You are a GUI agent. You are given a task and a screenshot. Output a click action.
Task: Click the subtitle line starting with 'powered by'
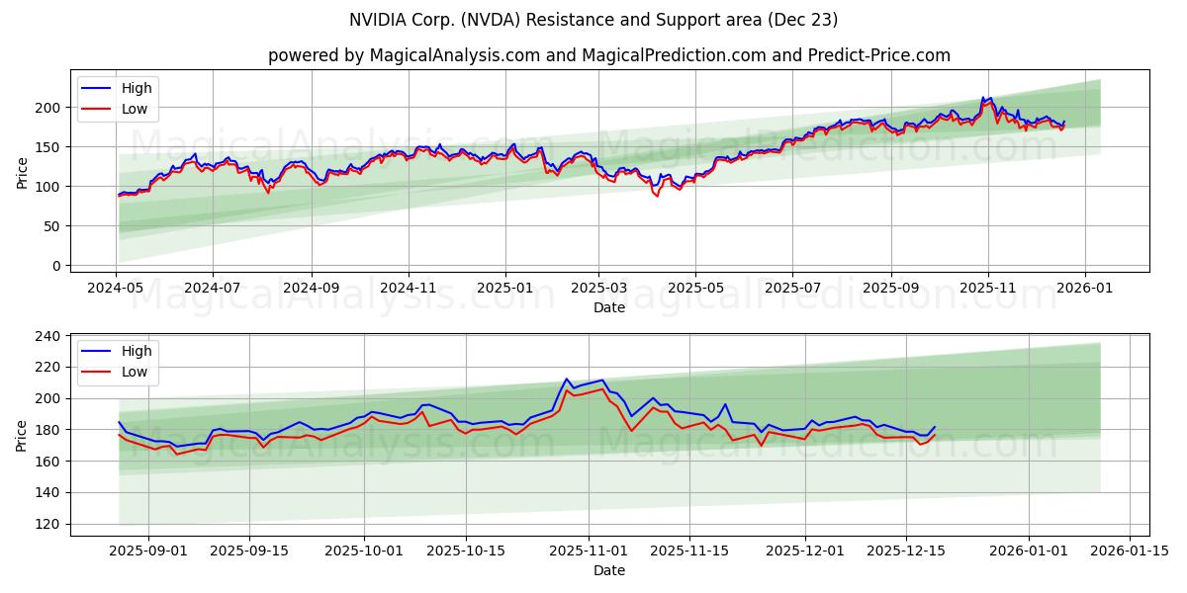(x=608, y=55)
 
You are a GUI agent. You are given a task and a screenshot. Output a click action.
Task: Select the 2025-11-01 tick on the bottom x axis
(x=589, y=551)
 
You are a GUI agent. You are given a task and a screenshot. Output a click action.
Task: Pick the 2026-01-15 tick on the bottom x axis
(x=1130, y=551)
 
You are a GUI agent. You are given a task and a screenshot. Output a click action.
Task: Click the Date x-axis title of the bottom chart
(x=608, y=570)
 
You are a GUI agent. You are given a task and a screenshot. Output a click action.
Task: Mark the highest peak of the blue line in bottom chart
(x=567, y=379)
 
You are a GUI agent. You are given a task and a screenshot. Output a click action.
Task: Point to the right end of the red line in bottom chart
(x=935, y=435)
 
